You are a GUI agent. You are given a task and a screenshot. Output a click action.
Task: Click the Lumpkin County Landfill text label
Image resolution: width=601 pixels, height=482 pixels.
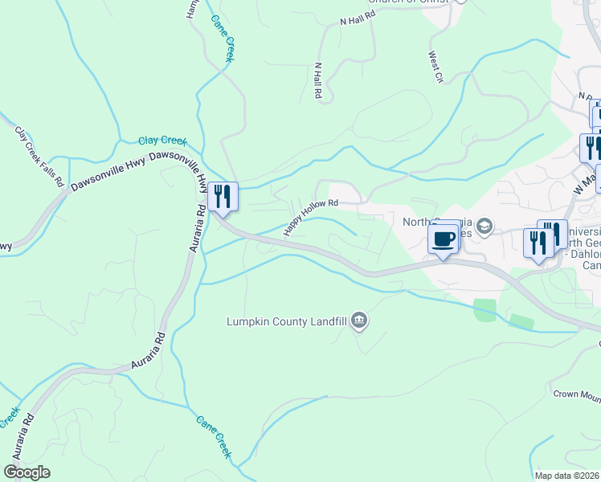click(288, 322)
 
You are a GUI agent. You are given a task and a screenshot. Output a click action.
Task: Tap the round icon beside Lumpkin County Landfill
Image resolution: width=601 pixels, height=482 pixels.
click(359, 322)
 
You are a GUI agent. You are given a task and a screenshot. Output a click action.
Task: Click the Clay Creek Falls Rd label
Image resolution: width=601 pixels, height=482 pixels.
click(39, 156)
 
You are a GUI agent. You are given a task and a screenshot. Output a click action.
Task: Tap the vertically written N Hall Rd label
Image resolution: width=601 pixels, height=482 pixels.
click(318, 81)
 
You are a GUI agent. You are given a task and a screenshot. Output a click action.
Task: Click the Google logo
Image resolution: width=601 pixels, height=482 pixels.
click(27, 472)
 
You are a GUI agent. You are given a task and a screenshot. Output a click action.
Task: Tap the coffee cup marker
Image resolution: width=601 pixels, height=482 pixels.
click(444, 238)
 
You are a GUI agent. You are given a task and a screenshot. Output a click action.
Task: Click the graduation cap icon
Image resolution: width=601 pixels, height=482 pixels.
click(484, 226)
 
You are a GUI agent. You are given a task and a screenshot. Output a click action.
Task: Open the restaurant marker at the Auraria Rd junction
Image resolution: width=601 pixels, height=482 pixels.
click(222, 196)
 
